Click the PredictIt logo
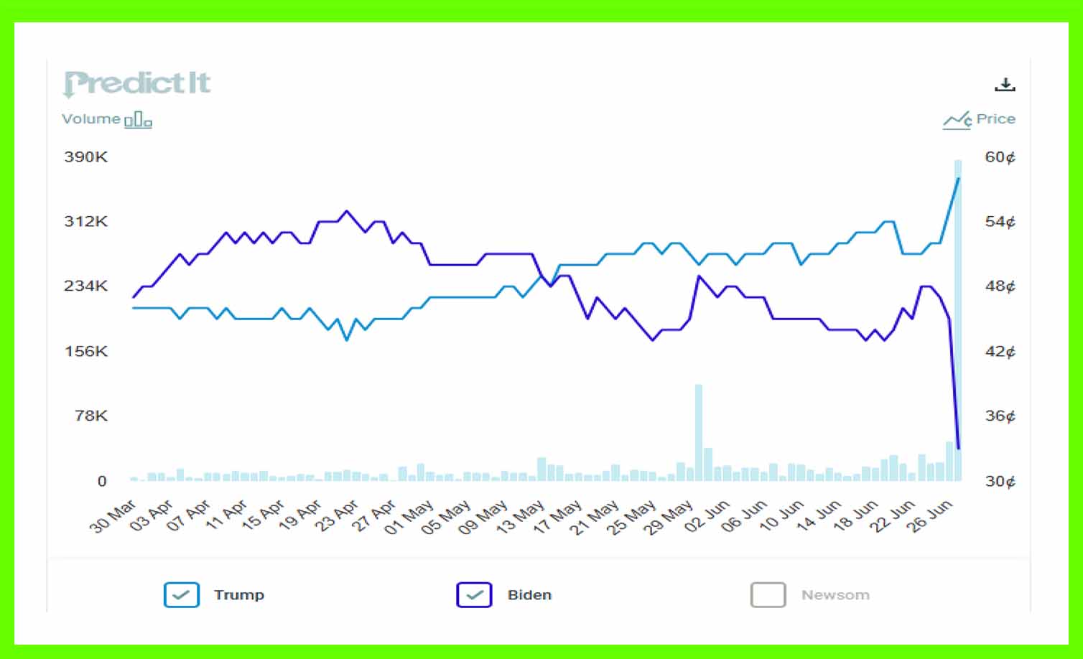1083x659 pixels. tap(136, 83)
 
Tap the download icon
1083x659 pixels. tap(1005, 85)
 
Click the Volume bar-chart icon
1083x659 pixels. tap(138, 120)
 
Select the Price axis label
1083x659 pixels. tap(995, 119)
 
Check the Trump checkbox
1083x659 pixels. tap(181, 594)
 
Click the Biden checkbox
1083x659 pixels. tap(474, 594)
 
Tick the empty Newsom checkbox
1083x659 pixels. tap(768, 594)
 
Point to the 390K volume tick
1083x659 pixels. tap(85, 156)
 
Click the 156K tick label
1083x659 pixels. tap(85, 351)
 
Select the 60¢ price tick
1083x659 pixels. tap(1000, 157)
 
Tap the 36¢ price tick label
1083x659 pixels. tap(1000, 416)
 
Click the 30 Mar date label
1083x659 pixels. tap(112, 516)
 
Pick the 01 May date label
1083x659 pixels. tap(408, 517)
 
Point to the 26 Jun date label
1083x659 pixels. tap(930, 515)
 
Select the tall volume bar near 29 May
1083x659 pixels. tap(698, 431)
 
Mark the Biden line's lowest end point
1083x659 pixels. tap(959, 449)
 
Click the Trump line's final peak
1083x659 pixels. tap(959, 178)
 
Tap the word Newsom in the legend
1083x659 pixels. tap(835, 595)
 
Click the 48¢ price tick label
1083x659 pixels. tap(1000, 286)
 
